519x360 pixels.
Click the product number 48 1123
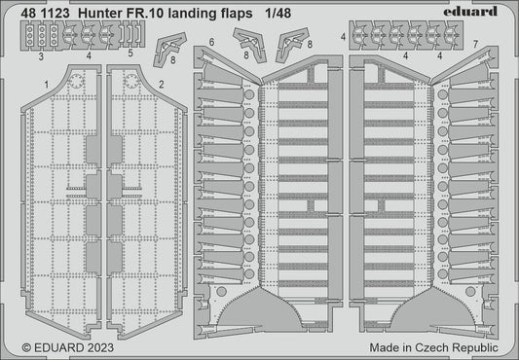pyautogui.click(x=38, y=11)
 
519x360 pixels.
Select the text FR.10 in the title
pyautogui.click(x=156, y=11)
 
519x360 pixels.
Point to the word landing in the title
pyautogui.click(x=212, y=11)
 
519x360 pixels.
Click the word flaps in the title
pyautogui.click(x=262, y=11)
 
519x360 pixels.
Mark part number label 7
pyautogui.click(x=473, y=45)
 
